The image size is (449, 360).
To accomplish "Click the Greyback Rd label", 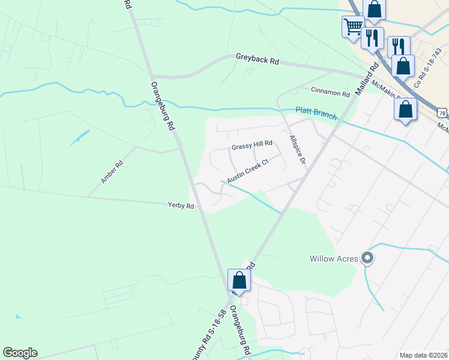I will pyautogui.click(x=258, y=61).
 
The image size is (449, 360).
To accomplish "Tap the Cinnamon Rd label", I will pyautogui.click(x=330, y=93).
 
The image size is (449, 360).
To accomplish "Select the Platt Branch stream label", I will pyautogui.click(x=316, y=113).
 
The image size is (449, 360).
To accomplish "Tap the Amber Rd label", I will pyautogui.click(x=112, y=172).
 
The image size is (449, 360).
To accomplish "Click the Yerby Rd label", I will pyautogui.click(x=181, y=206).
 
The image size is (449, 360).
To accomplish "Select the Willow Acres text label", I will pyautogui.click(x=334, y=259).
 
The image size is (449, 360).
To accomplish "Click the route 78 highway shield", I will pyautogui.click(x=442, y=113).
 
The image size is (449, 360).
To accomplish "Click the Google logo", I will pyautogui.click(x=20, y=353).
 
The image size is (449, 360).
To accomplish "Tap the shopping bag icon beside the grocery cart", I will pyautogui.click(x=374, y=10).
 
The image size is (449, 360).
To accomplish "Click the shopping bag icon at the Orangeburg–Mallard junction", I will pyautogui.click(x=239, y=280).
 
